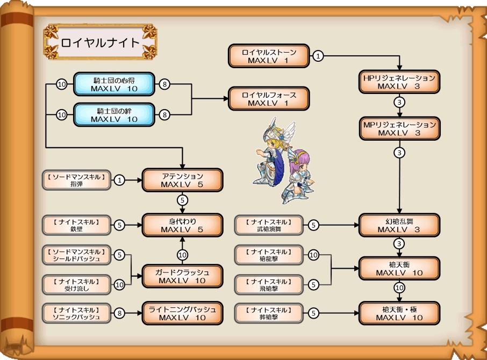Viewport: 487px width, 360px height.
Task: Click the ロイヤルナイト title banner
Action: pyautogui.click(x=100, y=42)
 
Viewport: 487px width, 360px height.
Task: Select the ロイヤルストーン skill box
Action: pyautogui.click(x=269, y=56)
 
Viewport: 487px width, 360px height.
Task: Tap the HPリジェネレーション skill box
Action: pyautogui.click(x=399, y=82)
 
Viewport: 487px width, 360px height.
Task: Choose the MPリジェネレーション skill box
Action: pyautogui.click(x=399, y=128)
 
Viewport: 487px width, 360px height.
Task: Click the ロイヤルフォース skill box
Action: pyautogui.click(x=269, y=99)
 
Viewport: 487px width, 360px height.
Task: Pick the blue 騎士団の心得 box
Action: pyautogui.click(x=114, y=84)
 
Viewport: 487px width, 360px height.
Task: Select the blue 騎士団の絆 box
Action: pyautogui.click(x=114, y=114)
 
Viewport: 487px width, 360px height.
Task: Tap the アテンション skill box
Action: pyautogui.click(x=182, y=180)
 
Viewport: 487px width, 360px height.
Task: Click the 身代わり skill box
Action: pyautogui.click(x=182, y=225)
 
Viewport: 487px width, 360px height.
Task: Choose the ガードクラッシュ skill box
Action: pyautogui.click(x=182, y=276)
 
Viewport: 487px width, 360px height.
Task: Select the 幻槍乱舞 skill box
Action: pyautogui.click(x=399, y=225)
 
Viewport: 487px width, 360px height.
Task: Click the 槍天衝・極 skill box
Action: pyautogui.click(x=399, y=313)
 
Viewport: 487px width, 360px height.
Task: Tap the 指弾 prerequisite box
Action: pyautogui.click(x=76, y=180)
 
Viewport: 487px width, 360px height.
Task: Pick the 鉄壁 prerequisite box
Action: pyautogui.click(x=76, y=225)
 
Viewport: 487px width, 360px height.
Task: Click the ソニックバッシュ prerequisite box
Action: pyautogui.click(x=76, y=313)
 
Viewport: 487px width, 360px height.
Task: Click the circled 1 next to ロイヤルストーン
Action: pyautogui.click(x=318, y=56)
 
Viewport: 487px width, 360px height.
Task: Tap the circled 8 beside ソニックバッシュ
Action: pyautogui.click(x=120, y=313)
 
